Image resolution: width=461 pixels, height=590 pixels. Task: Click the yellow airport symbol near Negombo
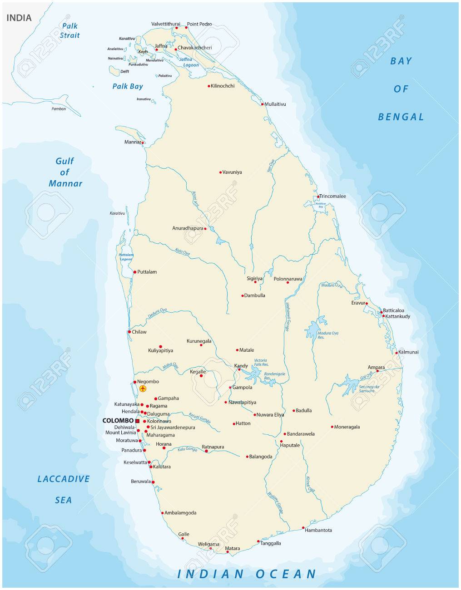(x=143, y=389)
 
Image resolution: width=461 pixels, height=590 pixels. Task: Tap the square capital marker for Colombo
(x=137, y=421)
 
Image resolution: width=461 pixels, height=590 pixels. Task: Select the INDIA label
(x=19, y=18)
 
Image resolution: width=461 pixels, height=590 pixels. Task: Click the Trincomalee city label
(x=332, y=197)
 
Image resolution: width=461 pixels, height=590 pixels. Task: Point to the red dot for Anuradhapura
(x=205, y=228)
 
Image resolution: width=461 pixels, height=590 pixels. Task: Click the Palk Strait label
(x=70, y=31)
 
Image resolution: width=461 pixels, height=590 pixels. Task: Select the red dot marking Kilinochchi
(x=209, y=86)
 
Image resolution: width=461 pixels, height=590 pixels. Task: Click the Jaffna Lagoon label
(x=188, y=62)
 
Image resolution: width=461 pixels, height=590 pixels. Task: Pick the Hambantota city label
(x=318, y=530)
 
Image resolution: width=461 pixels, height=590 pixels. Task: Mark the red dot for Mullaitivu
(x=262, y=104)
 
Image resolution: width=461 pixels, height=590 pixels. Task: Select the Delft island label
(x=124, y=72)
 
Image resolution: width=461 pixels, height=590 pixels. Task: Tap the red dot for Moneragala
(x=332, y=427)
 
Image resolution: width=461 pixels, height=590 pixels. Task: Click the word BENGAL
(x=401, y=117)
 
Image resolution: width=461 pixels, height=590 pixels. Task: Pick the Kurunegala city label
(x=199, y=341)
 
